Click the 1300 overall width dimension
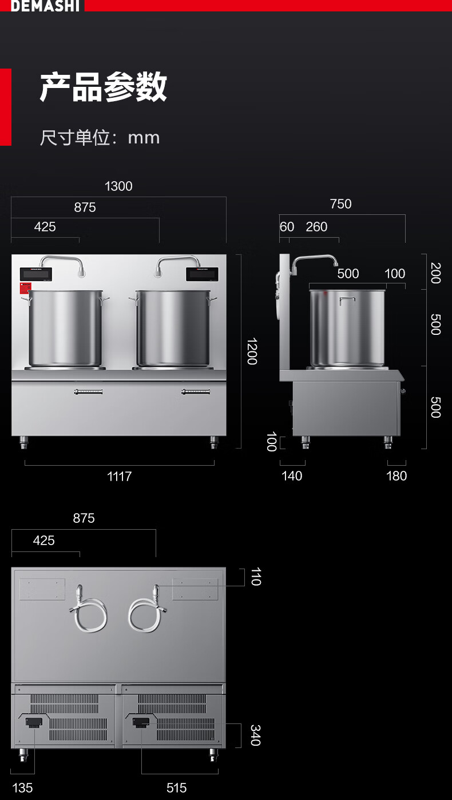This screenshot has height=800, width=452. click(x=118, y=186)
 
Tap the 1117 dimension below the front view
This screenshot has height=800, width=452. click(x=120, y=477)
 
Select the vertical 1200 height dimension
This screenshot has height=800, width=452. click(x=252, y=351)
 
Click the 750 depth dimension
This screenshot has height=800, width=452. click(x=341, y=204)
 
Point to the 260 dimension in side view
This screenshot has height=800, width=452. click(x=316, y=227)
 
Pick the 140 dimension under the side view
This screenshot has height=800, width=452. click(x=292, y=476)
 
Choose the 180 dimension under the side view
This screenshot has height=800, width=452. click(x=397, y=476)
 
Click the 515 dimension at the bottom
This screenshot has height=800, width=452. click(x=177, y=788)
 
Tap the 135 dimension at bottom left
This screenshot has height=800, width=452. click(x=22, y=788)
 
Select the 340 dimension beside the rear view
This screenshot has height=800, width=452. click(x=255, y=735)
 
